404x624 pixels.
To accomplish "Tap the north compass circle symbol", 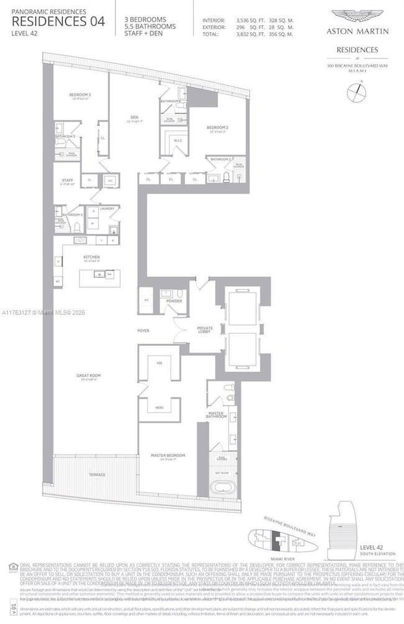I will [x=357, y=93].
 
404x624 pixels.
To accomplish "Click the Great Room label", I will [x=88, y=375].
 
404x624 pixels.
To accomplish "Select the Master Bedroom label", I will [x=168, y=455].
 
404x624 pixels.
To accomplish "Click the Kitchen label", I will [x=92, y=256].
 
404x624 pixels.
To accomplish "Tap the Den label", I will [x=134, y=116].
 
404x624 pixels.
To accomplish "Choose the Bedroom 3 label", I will [x=80, y=94].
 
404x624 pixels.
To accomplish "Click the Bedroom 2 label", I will [x=217, y=128].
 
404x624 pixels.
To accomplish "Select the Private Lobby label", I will [x=205, y=329].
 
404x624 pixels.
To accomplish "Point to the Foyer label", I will [x=144, y=330].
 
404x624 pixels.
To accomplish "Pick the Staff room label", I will [x=66, y=181].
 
